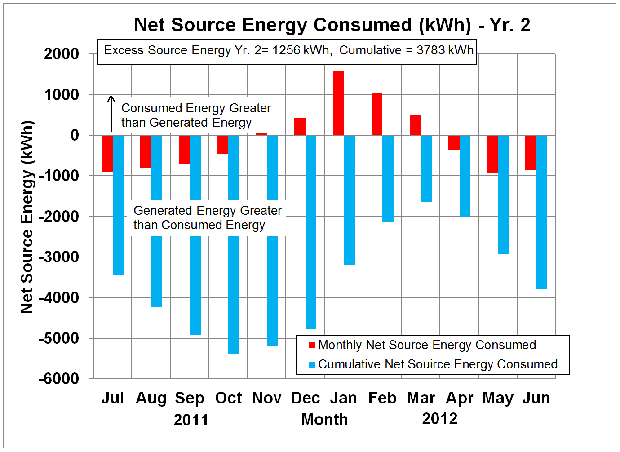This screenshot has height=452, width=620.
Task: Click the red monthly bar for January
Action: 338,103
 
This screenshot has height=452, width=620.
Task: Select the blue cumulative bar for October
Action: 234,279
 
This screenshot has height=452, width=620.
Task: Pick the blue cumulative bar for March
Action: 426,168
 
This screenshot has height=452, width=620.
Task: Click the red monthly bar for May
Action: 492,154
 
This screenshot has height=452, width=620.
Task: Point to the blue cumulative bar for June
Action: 542,212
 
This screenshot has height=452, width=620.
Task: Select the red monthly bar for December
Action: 300,126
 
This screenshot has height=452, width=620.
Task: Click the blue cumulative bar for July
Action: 118,205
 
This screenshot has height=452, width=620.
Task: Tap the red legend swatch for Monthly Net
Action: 312,345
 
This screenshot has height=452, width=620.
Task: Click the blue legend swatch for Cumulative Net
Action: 312,364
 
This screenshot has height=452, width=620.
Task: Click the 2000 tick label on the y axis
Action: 62,54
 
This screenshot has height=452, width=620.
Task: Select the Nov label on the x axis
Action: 267,398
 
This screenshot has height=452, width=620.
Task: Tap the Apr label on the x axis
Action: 460,398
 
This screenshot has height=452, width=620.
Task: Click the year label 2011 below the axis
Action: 191,420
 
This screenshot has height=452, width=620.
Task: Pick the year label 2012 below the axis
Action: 440,418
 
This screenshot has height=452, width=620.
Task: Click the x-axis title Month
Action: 324,419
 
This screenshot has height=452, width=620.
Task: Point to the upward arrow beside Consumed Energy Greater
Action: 111,112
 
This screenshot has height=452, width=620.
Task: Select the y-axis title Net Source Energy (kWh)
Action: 27,217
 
